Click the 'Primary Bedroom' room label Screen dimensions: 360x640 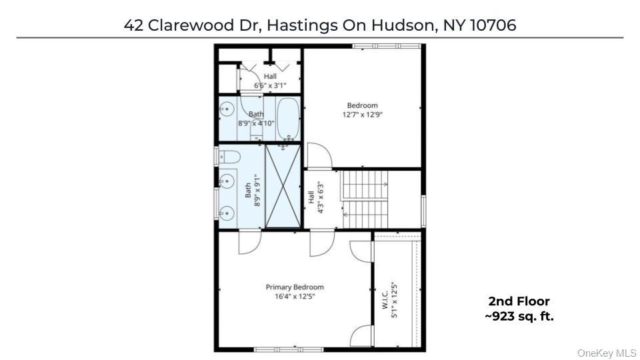295,287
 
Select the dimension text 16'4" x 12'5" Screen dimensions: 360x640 295,297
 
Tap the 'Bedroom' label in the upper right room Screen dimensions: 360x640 362,105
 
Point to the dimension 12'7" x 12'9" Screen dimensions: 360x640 362,115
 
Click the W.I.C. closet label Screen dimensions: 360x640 385,299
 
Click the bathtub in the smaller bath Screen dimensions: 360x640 288,119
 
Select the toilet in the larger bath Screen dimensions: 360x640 229,157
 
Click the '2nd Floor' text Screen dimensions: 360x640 519,301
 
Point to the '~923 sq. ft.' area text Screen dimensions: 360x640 519,317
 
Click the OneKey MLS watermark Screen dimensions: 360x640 607,353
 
